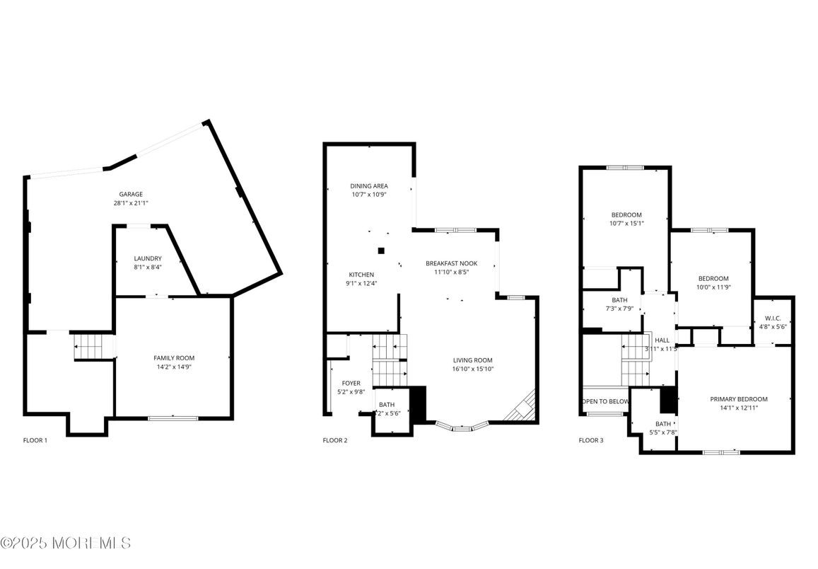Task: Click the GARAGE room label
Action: coord(131,194)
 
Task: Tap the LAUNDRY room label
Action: coord(148,258)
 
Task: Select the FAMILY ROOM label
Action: coord(174,358)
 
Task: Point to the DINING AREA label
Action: coord(369,186)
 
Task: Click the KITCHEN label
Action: coord(361,275)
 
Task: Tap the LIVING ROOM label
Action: coord(472,360)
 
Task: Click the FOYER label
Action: coord(351,383)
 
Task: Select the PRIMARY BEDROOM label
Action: coord(738,399)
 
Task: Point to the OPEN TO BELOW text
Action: coord(605,401)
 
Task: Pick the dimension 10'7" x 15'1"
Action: coord(626,224)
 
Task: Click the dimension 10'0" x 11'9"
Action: coord(713,287)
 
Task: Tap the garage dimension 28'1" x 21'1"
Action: coord(131,203)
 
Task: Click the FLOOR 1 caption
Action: coord(35,440)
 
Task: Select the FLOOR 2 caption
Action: coord(335,440)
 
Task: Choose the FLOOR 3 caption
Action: coord(591,440)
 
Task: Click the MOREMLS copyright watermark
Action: coord(66,543)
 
